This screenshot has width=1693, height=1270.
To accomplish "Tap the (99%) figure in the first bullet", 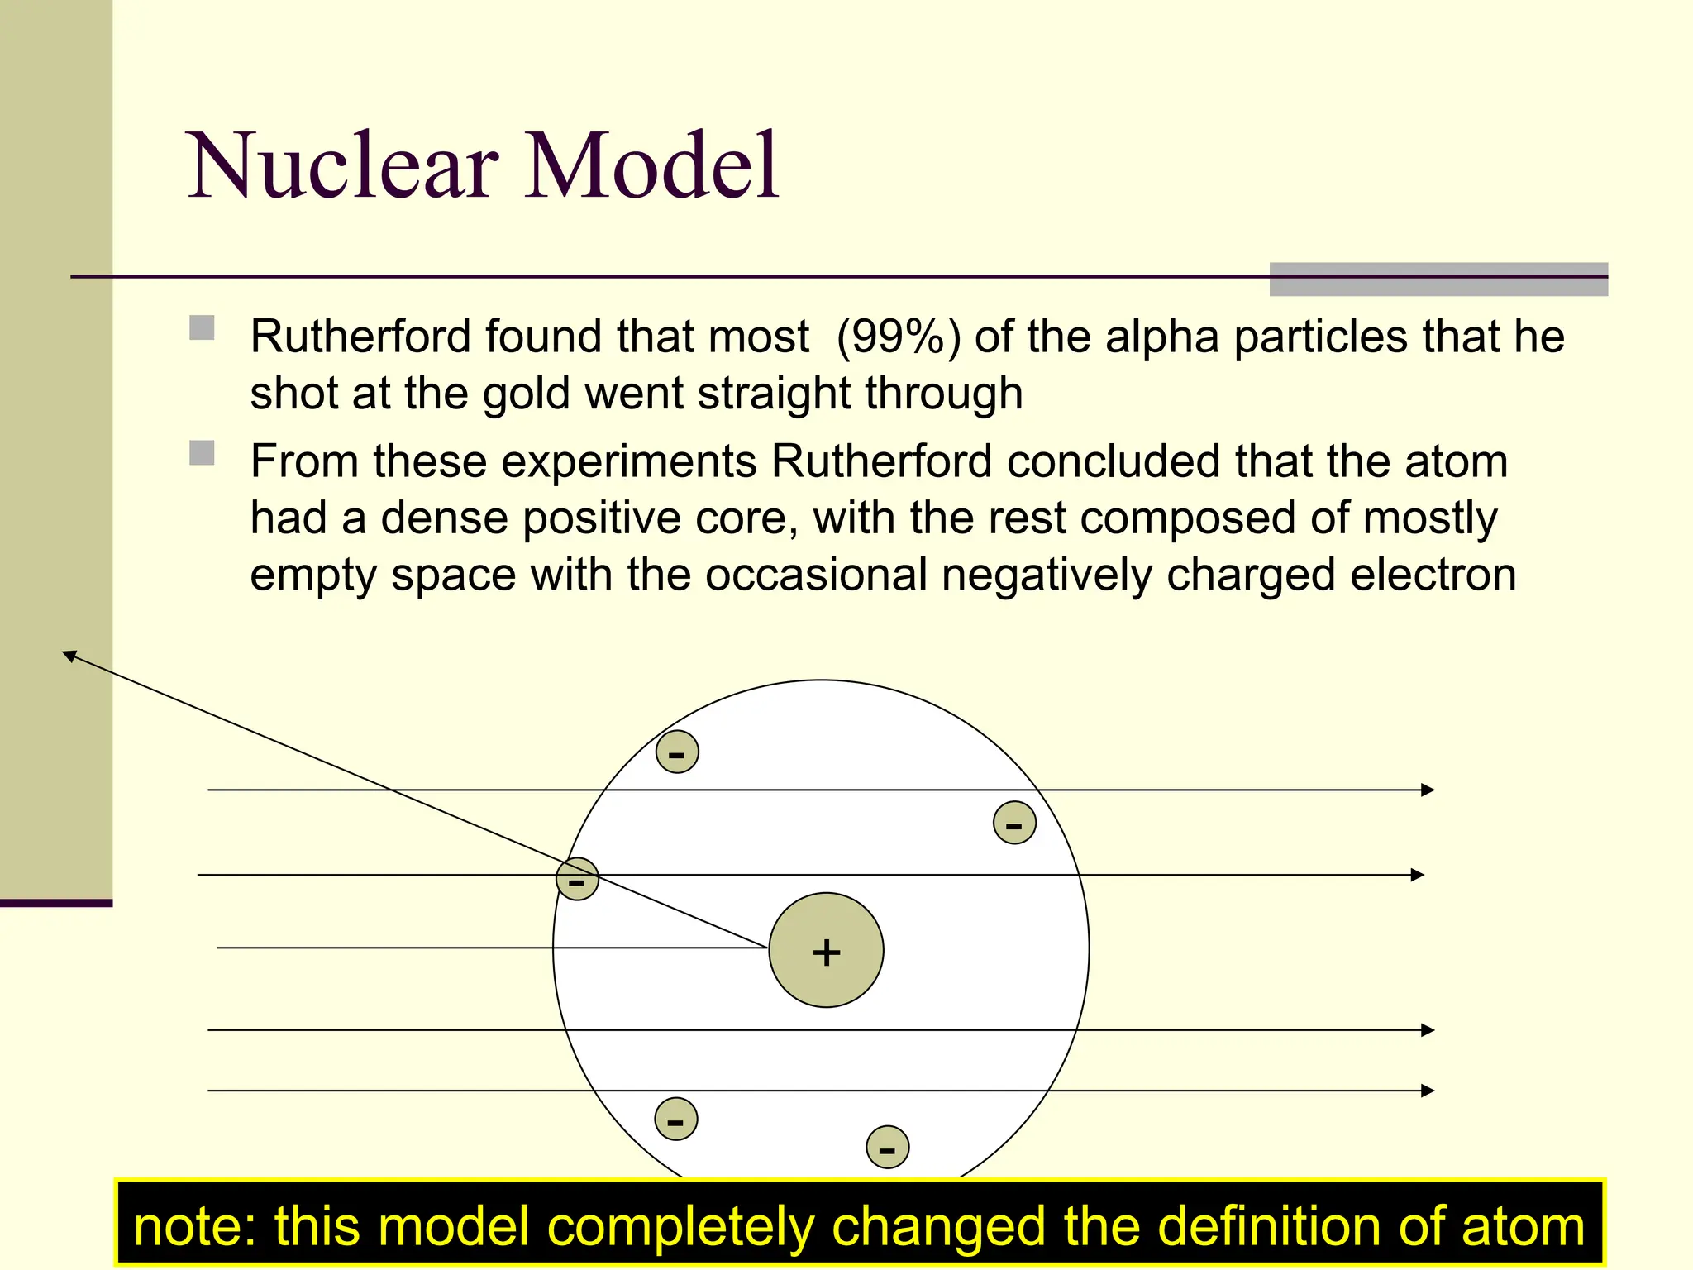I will pyautogui.click(x=899, y=337).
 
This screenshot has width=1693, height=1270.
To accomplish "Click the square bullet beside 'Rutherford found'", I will pyautogui.click(x=202, y=328).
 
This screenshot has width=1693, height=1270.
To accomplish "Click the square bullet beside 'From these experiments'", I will pyautogui.click(x=202, y=453).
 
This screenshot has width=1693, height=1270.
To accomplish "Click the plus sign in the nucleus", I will pyautogui.click(x=826, y=952).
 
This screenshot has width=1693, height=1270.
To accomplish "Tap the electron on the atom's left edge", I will pyautogui.click(x=577, y=879).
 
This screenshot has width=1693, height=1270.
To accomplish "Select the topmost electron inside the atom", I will pyautogui.click(x=677, y=752).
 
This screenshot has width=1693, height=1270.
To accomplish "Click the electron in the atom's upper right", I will pyautogui.click(x=1014, y=823).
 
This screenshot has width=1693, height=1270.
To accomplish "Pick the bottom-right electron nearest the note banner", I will pyautogui.click(x=887, y=1147).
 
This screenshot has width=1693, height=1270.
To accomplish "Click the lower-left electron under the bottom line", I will pyautogui.click(x=675, y=1119).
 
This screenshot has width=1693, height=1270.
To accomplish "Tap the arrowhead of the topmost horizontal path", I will pyautogui.click(x=1428, y=790).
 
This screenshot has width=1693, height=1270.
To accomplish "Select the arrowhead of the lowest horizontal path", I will pyautogui.click(x=1428, y=1091).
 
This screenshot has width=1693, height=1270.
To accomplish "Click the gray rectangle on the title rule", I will pyautogui.click(x=1438, y=279).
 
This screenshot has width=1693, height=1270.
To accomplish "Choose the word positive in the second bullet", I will pyautogui.click(x=602, y=518).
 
